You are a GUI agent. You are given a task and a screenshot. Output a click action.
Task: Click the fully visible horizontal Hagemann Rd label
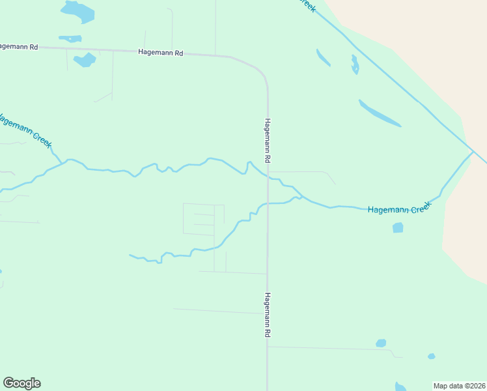160,51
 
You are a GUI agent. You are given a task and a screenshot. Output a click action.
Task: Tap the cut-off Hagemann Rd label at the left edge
19,47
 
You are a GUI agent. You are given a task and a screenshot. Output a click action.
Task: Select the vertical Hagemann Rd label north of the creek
268,140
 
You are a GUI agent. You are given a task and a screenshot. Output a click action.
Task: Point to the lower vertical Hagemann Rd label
267,314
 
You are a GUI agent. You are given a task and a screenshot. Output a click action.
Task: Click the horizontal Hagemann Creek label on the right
399,209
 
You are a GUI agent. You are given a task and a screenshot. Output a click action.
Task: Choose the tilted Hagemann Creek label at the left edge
25,130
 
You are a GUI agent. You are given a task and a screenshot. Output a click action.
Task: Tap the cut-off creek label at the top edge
307,4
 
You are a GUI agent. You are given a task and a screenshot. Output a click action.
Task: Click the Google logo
21,383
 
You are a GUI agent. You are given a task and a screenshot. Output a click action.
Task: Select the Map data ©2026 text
460,386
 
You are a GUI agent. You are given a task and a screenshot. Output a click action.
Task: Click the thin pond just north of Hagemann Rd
70,38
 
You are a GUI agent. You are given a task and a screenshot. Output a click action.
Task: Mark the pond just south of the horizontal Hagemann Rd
85,60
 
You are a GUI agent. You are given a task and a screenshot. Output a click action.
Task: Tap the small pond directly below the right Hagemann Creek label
398,227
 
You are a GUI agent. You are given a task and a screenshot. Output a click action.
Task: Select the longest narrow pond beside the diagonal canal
380,113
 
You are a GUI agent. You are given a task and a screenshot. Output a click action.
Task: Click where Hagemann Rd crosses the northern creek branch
268,177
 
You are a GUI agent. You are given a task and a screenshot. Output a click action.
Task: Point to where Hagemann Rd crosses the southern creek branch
268,203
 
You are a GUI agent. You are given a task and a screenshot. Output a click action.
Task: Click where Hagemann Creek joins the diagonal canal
472,152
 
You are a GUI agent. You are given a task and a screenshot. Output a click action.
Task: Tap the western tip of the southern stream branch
131,255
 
